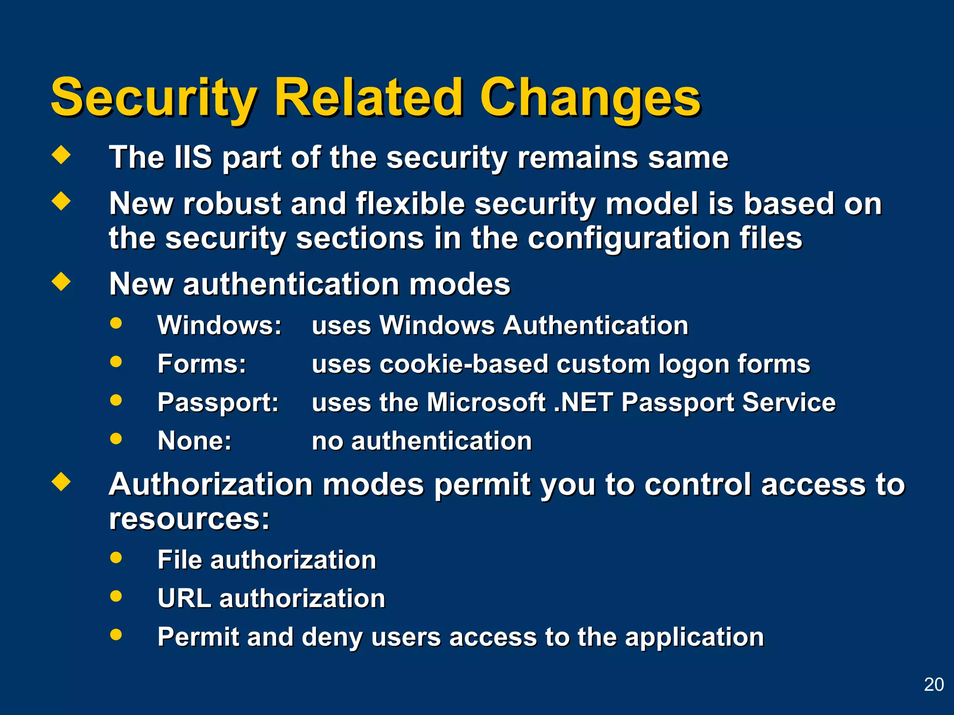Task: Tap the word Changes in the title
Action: [590, 99]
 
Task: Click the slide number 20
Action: [934, 685]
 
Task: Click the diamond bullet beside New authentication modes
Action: [61, 282]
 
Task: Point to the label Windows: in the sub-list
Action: [219, 325]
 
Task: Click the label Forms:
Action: [202, 364]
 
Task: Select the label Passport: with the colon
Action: [218, 403]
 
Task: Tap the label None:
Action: [194, 441]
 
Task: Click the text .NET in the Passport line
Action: [583, 403]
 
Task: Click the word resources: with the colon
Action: [189, 519]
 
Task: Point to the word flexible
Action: [410, 204]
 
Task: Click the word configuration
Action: [629, 238]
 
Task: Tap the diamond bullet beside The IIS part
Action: [61, 155]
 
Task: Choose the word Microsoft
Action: [486, 403]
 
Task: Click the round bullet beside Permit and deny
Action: [116, 634]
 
